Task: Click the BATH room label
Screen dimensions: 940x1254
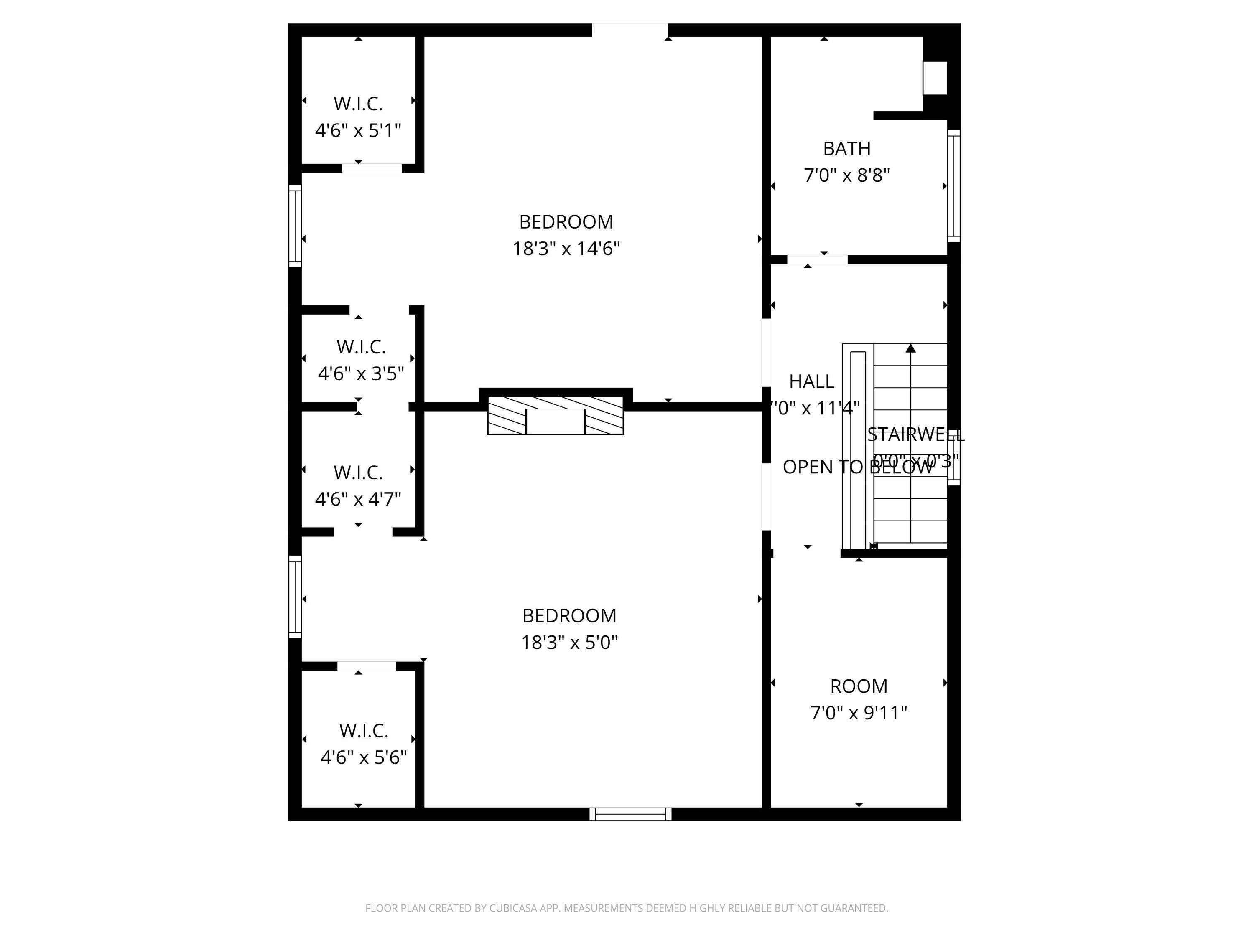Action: (x=846, y=148)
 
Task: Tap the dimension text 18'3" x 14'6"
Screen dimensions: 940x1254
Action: (x=566, y=249)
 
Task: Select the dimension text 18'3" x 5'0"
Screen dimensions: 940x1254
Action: (x=569, y=643)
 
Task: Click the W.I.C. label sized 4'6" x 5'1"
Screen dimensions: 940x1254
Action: (x=358, y=104)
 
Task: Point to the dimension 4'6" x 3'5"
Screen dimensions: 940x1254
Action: (x=361, y=374)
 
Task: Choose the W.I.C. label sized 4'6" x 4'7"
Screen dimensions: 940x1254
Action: (x=358, y=472)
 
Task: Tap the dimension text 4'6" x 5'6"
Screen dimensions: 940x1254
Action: (x=363, y=757)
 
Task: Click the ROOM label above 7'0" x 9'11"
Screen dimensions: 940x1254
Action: (x=858, y=686)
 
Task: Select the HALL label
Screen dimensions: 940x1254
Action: (x=811, y=381)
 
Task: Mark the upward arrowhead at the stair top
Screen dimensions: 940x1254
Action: (x=910, y=348)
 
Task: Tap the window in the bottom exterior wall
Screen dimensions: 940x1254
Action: (x=630, y=814)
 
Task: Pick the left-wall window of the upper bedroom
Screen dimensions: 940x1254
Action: (x=295, y=226)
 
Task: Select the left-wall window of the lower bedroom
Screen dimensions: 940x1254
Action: (x=295, y=597)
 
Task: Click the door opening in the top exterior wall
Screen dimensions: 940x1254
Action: (x=630, y=30)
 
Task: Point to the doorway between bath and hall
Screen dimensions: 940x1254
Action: (x=817, y=259)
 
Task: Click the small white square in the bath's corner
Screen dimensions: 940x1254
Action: (x=935, y=78)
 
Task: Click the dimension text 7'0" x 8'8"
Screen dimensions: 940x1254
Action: (x=846, y=175)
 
